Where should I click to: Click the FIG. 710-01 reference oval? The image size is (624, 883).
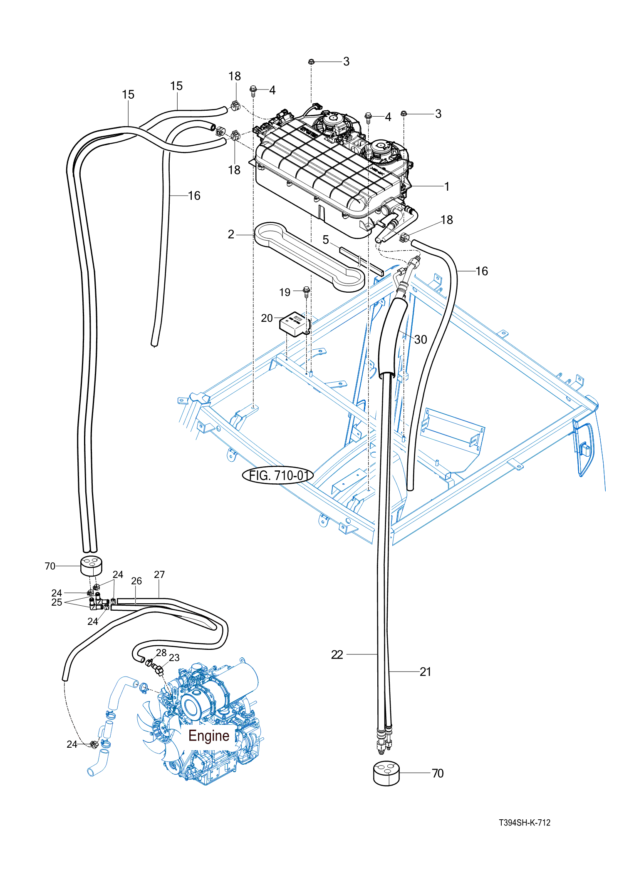coord(278,475)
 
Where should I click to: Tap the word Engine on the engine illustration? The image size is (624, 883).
coord(209,736)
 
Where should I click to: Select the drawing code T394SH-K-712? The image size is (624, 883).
coord(525,823)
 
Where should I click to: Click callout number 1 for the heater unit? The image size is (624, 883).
coord(447,187)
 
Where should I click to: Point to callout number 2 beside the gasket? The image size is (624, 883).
coord(231,234)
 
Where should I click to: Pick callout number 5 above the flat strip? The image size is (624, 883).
coord(326,240)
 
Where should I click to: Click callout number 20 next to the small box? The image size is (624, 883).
coord(267,318)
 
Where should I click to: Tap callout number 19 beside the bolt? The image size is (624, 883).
coord(285,292)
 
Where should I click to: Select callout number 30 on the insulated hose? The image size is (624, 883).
coord(421,340)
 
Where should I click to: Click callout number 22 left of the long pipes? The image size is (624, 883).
coord(337,655)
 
